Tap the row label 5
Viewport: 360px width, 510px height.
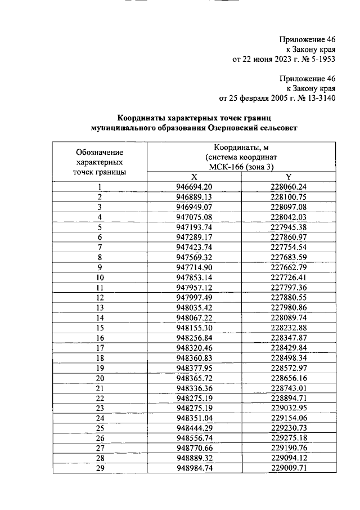100,227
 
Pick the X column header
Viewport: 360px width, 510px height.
194,176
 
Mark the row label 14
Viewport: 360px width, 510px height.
100,317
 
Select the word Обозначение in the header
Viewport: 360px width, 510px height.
100,152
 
